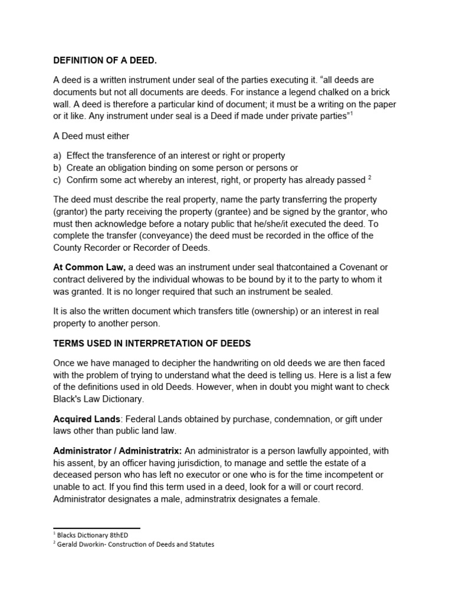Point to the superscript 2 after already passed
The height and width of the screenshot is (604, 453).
(369, 178)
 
